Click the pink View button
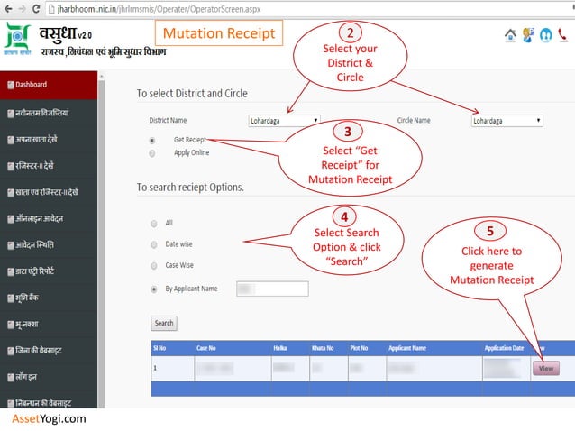click(x=545, y=368)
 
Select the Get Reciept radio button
click(x=152, y=141)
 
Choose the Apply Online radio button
click(x=152, y=153)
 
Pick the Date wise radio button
click(x=154, y=244)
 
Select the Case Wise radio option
click(x=154, y=266)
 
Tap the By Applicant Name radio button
click(x=154, y=289)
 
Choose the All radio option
click(x=154, y=223)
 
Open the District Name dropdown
click(x=284, y=120)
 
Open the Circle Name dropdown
click(x=507, y=120)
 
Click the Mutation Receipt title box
click(x=219, y=34)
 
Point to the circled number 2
click(x=350, y=32)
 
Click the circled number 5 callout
click(x=489, y=232)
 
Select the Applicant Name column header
click(x=407, y=347)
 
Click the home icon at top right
click(x=511, y=35)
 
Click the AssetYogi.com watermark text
click(x=49, y=419)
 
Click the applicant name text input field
click(x=272, y=289)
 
